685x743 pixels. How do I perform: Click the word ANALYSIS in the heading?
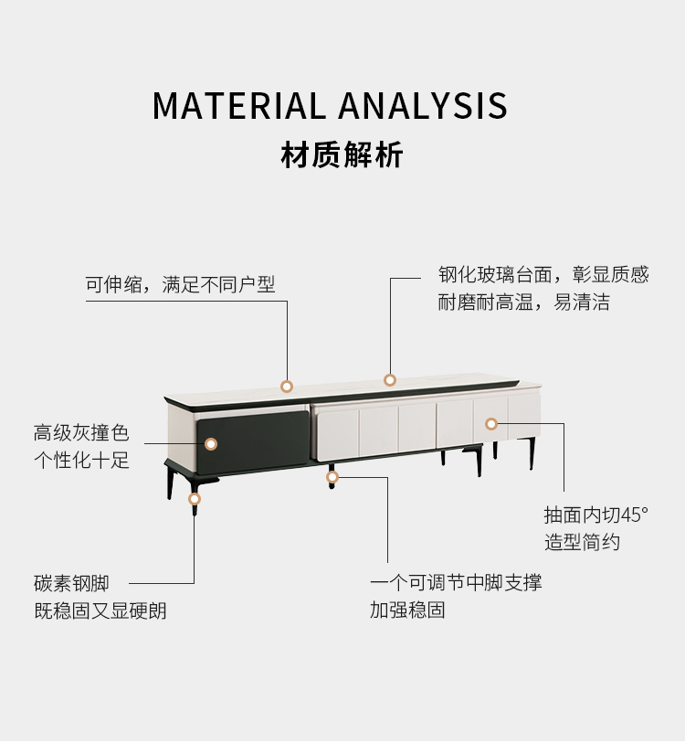(423, 106)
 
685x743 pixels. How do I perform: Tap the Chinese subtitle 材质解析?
(342, 155)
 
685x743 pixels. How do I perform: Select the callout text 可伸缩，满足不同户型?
(180, 284)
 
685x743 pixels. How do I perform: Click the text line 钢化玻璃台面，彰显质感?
(543, 274)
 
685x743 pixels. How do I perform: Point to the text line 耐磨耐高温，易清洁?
(523, 303)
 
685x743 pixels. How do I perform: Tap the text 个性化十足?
(81, 460)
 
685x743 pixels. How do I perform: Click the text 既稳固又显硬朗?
(100, 610)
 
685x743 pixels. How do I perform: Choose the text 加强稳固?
(407, 610)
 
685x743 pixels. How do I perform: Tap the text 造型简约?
(582, 542)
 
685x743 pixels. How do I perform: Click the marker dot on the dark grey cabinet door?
(211, 444)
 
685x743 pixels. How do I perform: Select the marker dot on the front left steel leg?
(195, 499)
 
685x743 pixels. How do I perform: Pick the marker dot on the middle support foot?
(332, 476)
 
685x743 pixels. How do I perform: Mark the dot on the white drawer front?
(491, 424)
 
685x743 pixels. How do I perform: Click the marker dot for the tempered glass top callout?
(390, 380)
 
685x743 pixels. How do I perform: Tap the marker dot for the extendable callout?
(287, 387)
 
